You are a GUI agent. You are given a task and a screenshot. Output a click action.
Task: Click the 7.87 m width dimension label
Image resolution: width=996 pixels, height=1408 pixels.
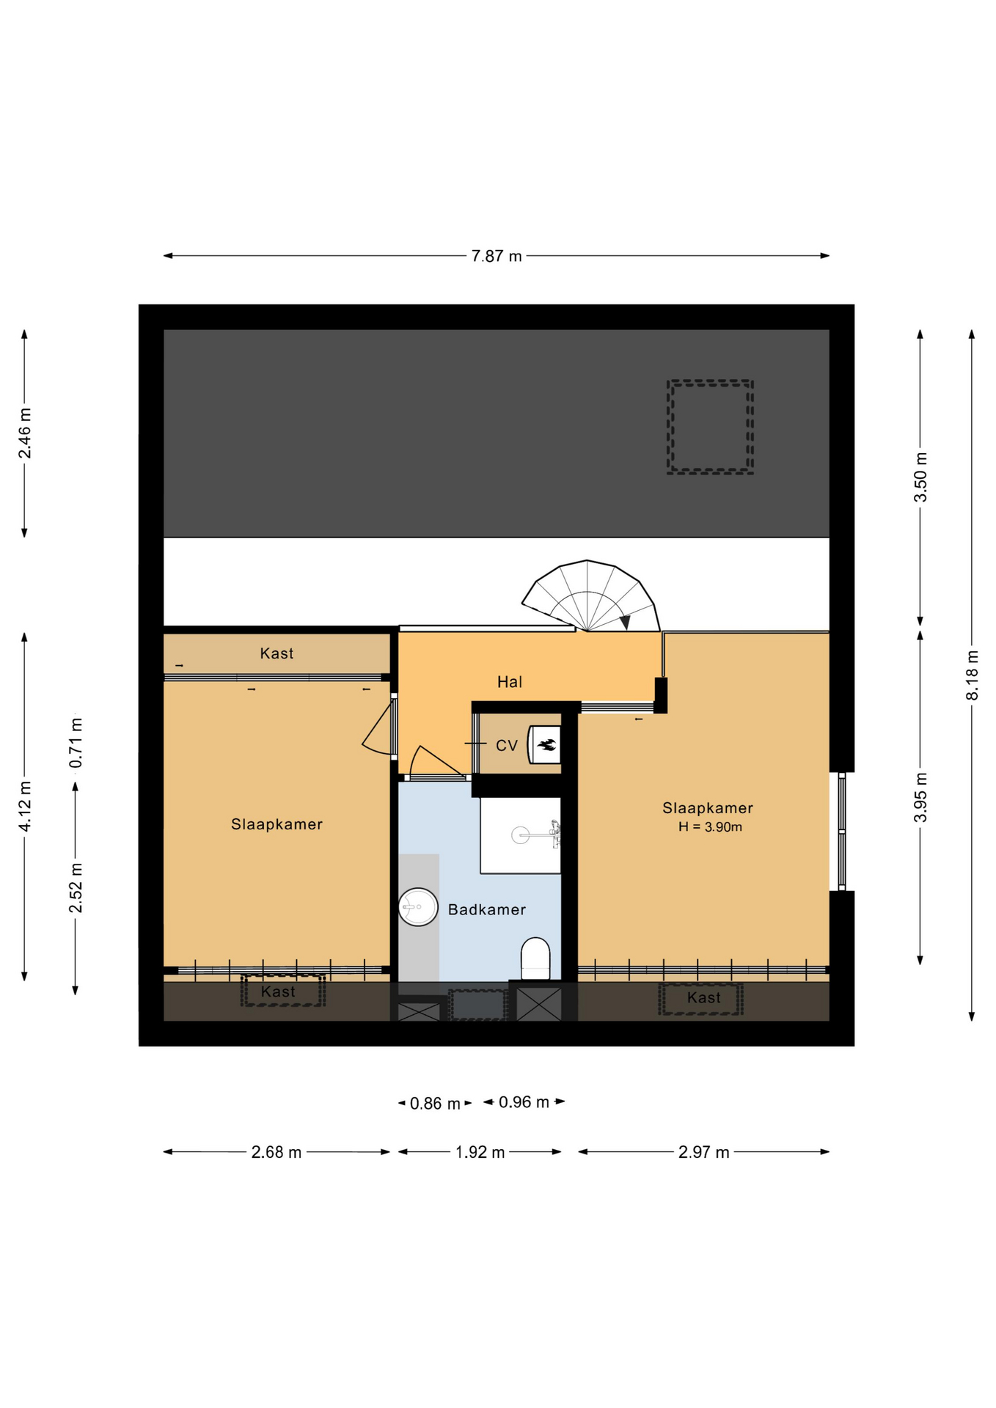[x=497, y=256]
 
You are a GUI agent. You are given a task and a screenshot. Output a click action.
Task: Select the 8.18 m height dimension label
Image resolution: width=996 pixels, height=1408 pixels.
[x=972, y=675]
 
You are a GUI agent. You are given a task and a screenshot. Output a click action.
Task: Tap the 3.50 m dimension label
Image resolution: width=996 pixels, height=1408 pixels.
[x=920, y=477]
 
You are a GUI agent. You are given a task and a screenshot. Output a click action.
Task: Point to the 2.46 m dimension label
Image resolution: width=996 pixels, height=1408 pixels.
[x=25, y=433]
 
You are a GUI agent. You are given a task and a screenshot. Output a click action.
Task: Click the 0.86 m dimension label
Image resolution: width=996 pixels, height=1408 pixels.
[x=435, y=1104]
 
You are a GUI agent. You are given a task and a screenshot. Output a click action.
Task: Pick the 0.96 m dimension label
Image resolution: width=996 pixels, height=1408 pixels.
[x=524, y=1102]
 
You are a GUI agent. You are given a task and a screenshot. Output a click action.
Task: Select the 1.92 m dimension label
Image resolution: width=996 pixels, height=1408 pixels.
[x=480, y=1152]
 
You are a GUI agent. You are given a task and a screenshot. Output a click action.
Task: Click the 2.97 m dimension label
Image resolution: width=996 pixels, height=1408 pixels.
[x=703, y=1152]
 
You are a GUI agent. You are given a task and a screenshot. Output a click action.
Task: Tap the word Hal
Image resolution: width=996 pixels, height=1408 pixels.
[x=510, y=682]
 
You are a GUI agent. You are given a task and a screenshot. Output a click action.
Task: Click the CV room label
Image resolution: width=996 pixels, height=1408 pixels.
[x=507, y=746]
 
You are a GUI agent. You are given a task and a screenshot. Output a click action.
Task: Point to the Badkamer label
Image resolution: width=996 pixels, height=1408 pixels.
[x=487, y=909]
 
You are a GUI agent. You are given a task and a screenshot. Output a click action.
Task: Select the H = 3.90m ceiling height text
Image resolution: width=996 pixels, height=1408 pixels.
[x=710, y=827]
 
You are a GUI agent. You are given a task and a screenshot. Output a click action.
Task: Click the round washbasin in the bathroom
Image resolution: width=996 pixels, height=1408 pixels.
[x=418, y=907]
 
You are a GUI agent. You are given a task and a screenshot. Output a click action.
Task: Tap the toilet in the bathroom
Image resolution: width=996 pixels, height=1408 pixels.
[x=535, y=958]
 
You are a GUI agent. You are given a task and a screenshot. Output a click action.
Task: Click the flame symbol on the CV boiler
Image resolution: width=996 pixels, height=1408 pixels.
[x=546, y=746]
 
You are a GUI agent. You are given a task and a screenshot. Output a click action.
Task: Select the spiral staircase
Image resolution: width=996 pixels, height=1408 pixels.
[x=590, y=595]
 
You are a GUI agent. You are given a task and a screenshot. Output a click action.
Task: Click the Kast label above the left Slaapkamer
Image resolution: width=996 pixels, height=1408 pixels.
[x=277, y=653]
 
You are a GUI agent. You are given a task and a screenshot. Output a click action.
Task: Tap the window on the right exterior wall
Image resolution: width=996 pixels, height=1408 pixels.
[x=842, y=831]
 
